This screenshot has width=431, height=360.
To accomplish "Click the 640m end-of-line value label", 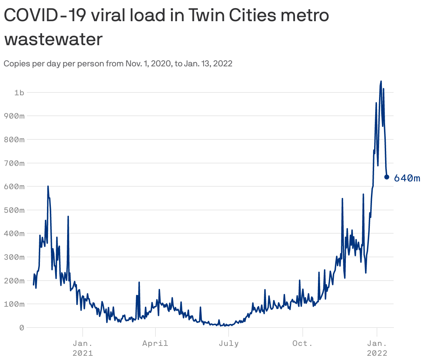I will click(x=407, y=178).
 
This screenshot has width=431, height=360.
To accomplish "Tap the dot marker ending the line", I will click(x=386, y=177).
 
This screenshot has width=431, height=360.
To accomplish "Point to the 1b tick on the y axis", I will click(x=19, y=92).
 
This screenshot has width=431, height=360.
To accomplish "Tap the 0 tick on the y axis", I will click(x=22, y=328).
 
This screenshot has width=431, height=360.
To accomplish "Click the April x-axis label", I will click(x=155, y=343).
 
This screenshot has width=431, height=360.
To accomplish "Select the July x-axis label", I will click(x=229, y=343).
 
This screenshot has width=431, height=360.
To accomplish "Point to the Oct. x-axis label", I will click(x=302, y=343).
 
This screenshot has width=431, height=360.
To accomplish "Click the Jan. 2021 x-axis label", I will click(x=83, y=348).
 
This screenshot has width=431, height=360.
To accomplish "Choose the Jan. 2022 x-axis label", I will click(x=377, y=348).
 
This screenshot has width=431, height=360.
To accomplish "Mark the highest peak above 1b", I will click(x=381, y=82).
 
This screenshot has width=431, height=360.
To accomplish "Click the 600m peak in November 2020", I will click(x=48, y=186).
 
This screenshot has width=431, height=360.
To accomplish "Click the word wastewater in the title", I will click(x=53, y=40).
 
